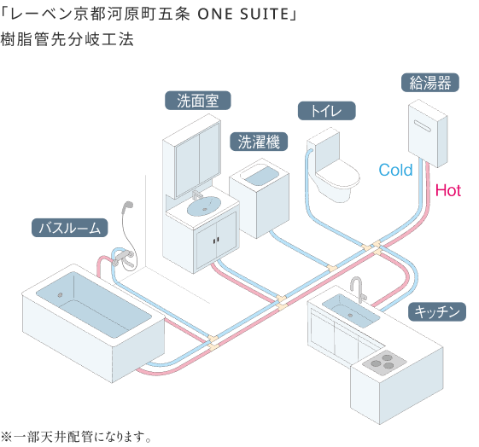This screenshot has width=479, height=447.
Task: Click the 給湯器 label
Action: click(429, 83)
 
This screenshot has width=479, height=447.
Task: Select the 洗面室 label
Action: click(198, 101)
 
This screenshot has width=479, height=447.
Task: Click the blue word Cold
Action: click(395, 171)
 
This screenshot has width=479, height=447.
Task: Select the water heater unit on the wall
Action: click(431, 130)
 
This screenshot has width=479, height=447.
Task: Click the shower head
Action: click(128, 207)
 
